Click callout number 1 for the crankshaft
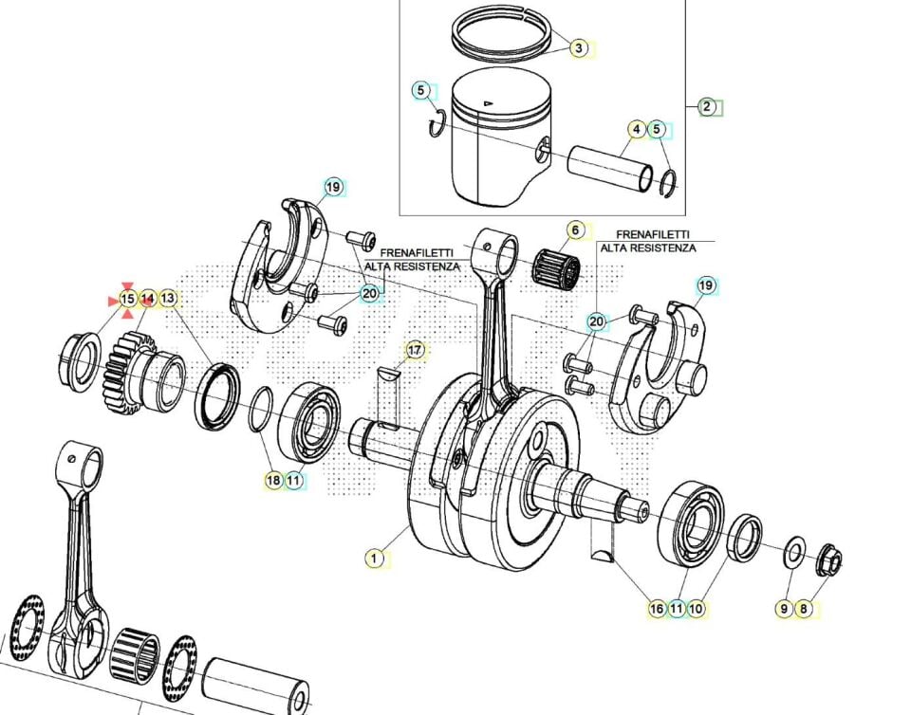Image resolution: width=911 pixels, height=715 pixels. [375, 559]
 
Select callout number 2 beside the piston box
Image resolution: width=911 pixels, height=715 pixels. [707, 106]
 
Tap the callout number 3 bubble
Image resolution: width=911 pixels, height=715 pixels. [579, 47]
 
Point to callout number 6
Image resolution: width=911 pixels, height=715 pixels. [574, 229]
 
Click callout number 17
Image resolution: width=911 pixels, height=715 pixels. [415, 351]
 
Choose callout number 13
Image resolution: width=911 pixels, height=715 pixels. [168, 299]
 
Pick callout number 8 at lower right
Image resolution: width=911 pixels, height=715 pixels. [804, 609]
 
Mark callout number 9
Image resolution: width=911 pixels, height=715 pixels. [784, 609]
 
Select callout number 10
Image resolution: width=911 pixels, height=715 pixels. [696, 609]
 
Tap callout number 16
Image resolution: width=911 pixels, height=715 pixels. [657, 609]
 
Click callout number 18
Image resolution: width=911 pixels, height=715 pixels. [273, 481]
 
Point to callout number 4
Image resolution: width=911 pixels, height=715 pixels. [637, 129]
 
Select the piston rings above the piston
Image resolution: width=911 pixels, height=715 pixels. [504, 38]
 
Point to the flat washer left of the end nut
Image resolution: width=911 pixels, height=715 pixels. [794, 553]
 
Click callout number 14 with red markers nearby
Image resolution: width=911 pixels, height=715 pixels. [147, 299]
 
